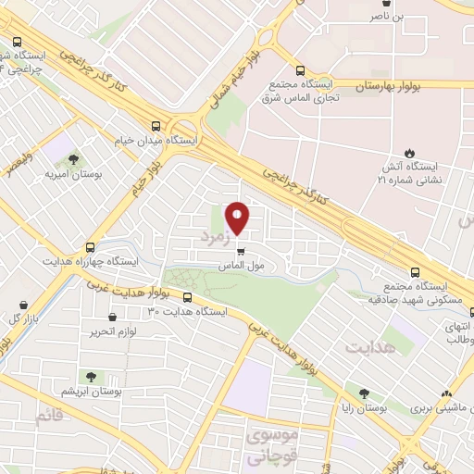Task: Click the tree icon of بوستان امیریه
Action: [x=73, y=160]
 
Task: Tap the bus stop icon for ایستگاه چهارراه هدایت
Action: [x=90, y=247]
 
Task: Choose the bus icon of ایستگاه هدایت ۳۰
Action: [x=188, y=298]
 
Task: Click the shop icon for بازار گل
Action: [x=23, y=304]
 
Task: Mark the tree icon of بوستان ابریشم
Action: [x=91, y=377]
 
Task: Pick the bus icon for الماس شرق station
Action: [x=299, y=70]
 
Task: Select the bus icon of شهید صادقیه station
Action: [x=415, y=272]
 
